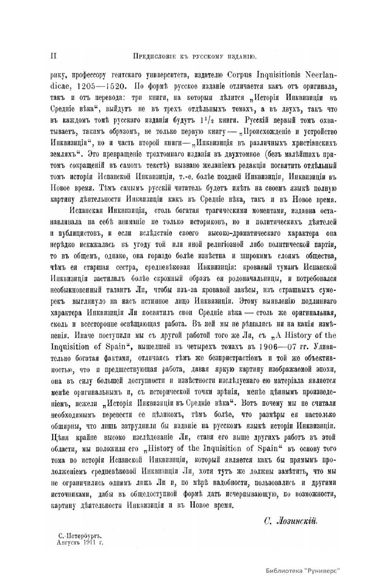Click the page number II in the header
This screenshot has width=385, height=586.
coord(54,56)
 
